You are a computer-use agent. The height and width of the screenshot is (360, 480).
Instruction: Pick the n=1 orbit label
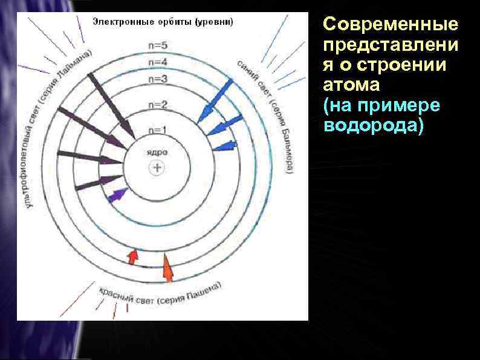157,129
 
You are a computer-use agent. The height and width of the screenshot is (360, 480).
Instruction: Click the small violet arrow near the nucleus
117,195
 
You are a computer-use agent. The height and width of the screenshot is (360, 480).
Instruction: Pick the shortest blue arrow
225,145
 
